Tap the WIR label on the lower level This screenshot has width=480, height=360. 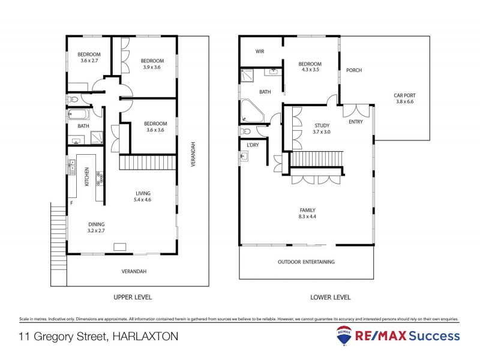pyautogui.click(x=260, y=52)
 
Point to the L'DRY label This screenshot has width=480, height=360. pyautogui.click(x=253, y=145)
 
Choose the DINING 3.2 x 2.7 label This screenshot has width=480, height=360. pyautogui.click(x=96, y=226)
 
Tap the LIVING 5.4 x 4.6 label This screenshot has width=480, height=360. pyautogui.click(x=143, y=196)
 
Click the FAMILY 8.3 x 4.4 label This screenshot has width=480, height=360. pyautogui.click(x=307, y=213)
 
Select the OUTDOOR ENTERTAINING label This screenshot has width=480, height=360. pyautogui.click(x=306, y=262)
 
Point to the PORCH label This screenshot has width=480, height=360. pyautogui.click(x=354, y=71)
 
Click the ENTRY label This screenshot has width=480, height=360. pyautogui.click(x=356, y=122)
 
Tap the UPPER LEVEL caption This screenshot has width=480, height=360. pyautogui.click(x=133, y=297)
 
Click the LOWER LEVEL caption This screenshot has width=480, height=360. pyautogui.click(x=331, y=297)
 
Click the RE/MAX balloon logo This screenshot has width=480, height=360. pyautogui.click(x=344, y=335)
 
